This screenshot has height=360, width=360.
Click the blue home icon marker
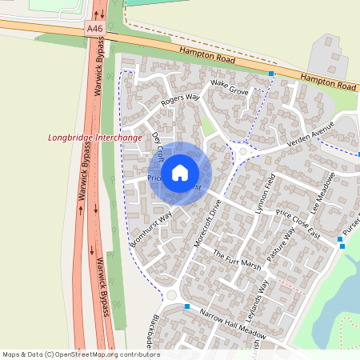180,172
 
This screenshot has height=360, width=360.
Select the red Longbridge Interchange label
94,138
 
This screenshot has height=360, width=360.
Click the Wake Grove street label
230,87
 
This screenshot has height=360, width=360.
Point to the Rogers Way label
178,98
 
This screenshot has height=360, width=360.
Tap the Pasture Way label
282,244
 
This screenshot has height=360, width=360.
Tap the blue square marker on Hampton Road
271,74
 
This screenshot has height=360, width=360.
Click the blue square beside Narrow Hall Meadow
186,306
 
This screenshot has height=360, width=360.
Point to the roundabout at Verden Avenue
242,150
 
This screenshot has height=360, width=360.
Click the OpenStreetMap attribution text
80,354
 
